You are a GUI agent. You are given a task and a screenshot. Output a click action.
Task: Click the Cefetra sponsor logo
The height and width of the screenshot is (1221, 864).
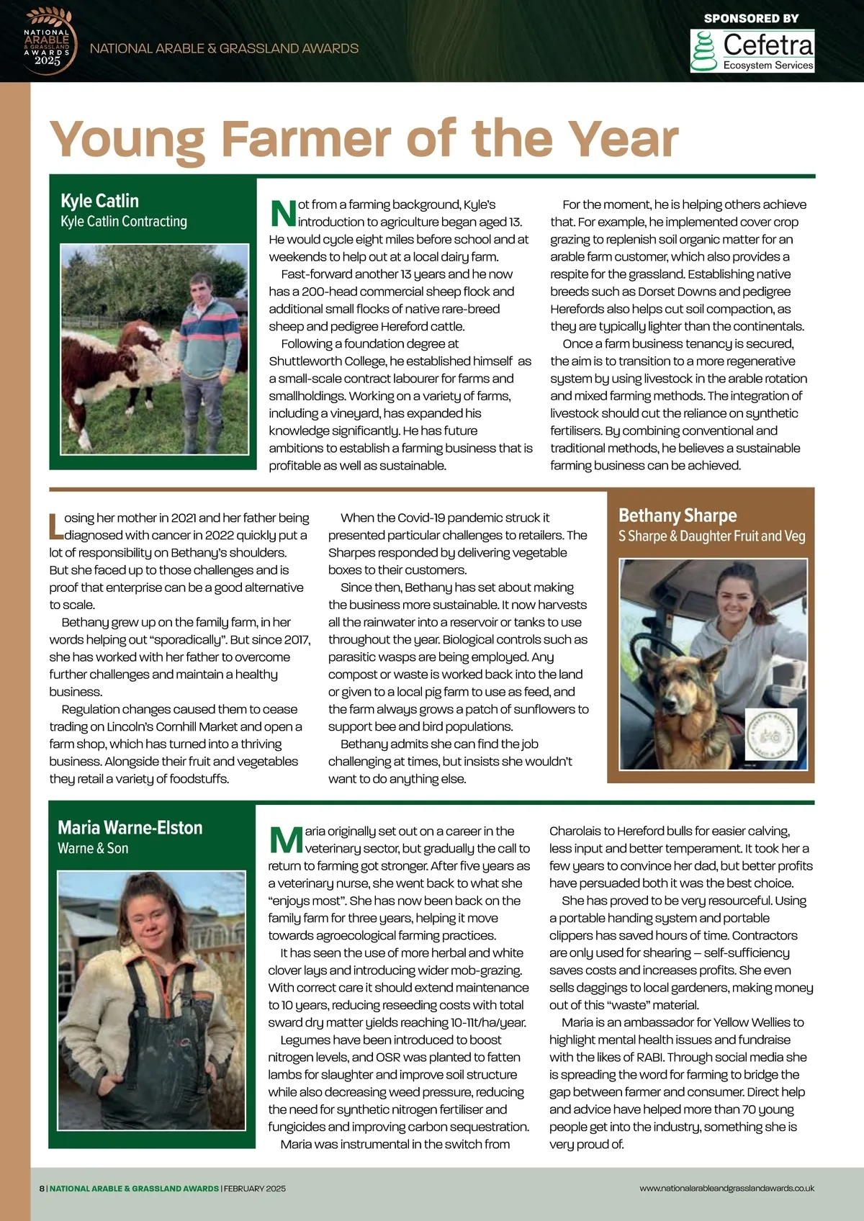point(752,50)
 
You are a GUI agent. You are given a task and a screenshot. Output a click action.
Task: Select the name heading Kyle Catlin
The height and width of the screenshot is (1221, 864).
point(99,201)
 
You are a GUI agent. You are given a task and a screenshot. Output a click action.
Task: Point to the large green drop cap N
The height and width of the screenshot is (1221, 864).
point(282,213)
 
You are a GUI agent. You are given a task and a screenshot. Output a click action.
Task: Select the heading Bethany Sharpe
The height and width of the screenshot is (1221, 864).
point(678,515)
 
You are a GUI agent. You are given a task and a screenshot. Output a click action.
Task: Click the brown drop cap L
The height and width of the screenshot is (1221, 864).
point(55,526)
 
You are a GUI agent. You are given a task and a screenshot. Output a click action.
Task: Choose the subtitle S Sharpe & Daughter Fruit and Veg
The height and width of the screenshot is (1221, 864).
point(711,536)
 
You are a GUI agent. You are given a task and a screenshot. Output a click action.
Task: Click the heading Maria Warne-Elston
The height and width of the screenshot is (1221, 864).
point(130,828)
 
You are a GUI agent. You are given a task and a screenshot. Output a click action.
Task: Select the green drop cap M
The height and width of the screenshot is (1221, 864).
point(285,839)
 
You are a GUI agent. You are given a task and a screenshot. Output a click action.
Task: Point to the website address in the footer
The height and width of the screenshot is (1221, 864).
point(726,1188)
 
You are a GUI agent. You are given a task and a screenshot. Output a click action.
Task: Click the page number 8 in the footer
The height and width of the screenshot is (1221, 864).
point(42,1188)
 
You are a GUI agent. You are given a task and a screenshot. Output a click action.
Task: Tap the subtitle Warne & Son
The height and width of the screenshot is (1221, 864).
point(93,849)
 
